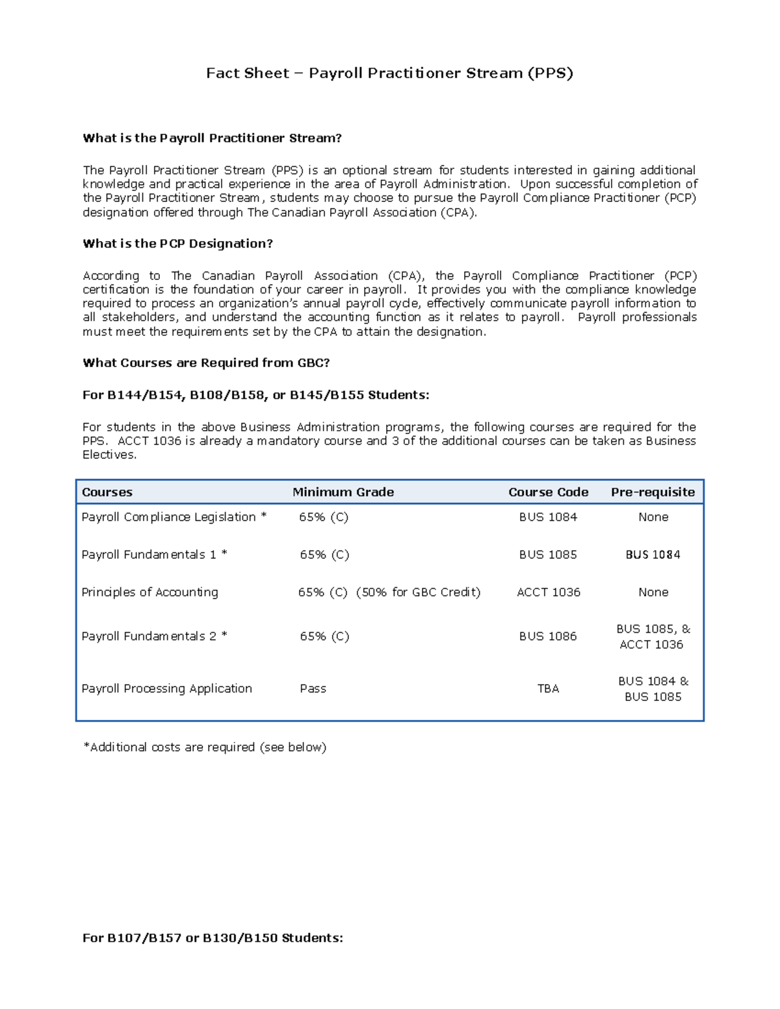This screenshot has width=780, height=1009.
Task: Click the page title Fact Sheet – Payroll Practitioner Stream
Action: tap(389, 73)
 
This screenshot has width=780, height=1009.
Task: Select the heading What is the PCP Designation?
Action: tap(177, 244)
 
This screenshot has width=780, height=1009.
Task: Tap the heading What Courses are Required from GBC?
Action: tap(206, 363)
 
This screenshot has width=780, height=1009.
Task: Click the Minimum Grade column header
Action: tap(343, 492)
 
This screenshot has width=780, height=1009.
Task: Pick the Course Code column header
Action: tap(548, 492)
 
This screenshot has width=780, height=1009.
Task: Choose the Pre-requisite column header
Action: tap(653, 492)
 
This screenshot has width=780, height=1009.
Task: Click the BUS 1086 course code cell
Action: tap(547, 637)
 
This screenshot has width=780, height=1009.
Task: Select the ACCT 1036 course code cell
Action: tap(548, 593)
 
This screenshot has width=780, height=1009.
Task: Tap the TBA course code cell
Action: tap(548, 689)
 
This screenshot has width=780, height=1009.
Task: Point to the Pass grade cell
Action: tap(313, 689)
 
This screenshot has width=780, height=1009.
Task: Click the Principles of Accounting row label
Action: tap(149, 593)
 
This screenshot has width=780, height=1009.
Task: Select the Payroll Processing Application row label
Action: tap(166, 689)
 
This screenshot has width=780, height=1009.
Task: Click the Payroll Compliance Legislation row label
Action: tap(174, 517)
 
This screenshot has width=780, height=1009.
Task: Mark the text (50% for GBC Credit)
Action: tap(418, 593)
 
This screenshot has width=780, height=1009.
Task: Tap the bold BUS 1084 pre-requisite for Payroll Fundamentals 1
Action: tap(653, 555)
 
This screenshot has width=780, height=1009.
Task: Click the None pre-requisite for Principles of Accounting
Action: tap(653, 593)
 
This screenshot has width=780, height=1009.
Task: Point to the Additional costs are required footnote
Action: tap(205, 748)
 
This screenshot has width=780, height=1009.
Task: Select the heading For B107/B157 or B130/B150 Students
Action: tap(213, 938)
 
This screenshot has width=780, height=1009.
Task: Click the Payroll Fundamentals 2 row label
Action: tap(154, 637)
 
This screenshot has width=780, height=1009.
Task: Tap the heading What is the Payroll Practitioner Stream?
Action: tap(212, 138)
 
